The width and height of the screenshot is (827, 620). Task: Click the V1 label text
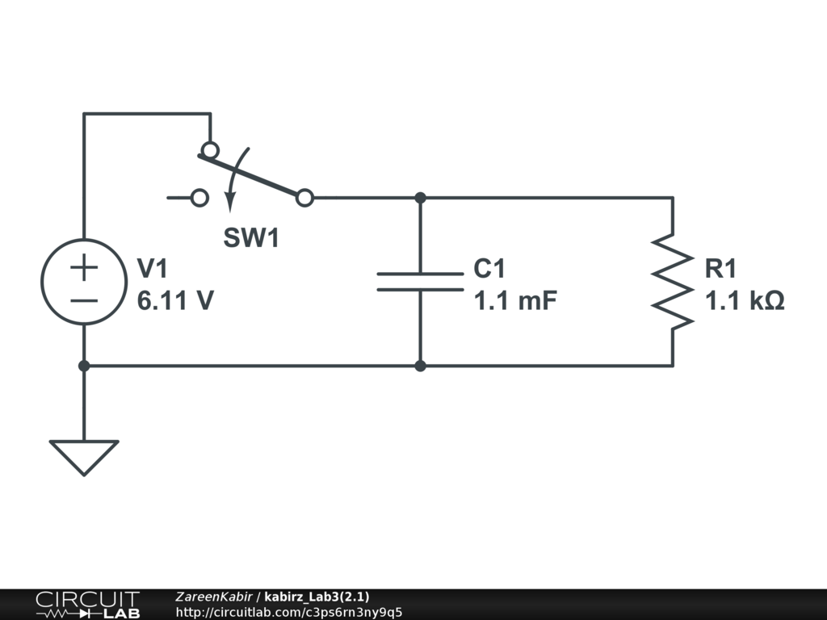point(153,269)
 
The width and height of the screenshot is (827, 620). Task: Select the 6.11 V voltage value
point(175,301)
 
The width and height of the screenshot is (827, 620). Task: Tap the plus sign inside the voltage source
point(84,267)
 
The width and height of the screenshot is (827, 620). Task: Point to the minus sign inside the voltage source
point(84,301)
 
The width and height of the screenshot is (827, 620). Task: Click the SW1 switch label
point(251,238)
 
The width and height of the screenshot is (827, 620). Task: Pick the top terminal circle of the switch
point(210,150)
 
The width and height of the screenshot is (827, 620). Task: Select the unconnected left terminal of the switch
point(199,197)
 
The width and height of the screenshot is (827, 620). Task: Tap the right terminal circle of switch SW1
point(304,198)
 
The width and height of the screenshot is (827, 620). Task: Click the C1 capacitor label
point(489,269)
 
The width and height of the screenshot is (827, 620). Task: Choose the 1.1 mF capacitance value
point(515,301)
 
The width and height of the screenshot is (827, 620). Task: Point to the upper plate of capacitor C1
point(420,274)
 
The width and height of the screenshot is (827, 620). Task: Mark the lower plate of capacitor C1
point(420,288)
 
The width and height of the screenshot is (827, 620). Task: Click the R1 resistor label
point(720,269)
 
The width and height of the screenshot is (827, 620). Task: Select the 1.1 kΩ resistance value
point(745,301)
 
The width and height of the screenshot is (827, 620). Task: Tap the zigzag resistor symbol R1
point(673,280)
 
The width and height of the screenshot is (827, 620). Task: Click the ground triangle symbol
point(84,456)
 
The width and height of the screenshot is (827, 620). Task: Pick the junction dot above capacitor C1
point(420,198)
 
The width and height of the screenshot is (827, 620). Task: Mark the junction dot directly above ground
point(84,366)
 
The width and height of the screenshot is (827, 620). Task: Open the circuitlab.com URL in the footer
point(288,612)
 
